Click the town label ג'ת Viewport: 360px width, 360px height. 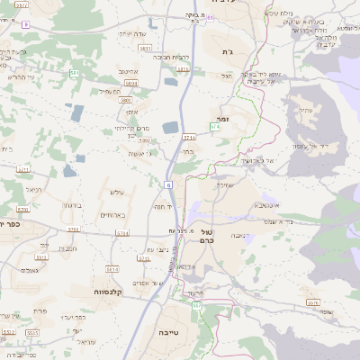click(227, 52)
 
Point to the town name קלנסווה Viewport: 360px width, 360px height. click(107, 292)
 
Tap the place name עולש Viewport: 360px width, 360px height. click(115, 193)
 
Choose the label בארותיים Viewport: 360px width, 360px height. click(112, 214)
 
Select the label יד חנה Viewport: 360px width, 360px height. click(163, 206)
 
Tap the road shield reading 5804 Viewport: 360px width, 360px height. click(131, 82)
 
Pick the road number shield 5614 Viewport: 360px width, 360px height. click(112, 268)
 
